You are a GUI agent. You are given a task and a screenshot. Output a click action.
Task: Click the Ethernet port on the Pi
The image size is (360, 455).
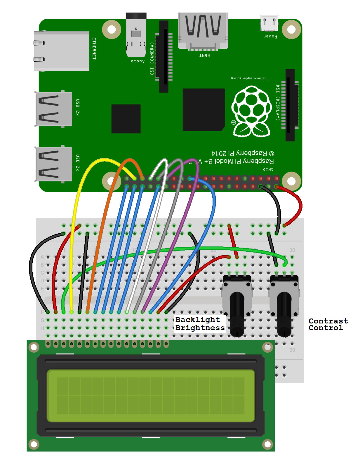tap(61, 51)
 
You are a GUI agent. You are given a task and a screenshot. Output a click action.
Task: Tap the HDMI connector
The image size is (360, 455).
tap(203, 31)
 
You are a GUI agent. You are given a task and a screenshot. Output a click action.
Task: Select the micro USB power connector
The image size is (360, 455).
tap(269, 23)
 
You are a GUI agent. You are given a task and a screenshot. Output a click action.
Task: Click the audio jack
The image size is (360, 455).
tap(136, 35)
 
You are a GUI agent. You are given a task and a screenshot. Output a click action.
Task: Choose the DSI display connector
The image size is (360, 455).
tap(290, 105)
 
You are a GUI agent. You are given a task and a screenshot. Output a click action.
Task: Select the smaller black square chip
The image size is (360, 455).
tap(126, 119)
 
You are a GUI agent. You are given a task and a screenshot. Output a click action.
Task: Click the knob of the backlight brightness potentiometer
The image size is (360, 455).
tap(237, 315)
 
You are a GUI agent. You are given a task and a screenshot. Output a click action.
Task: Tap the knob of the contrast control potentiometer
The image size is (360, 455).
tap(284, 315)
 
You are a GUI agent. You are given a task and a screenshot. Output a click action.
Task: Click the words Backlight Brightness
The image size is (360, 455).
tap(200, 324)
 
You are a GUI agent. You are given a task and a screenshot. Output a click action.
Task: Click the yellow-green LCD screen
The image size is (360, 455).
tap(150, 396)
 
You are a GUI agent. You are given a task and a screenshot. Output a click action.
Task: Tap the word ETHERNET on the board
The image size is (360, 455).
tap(94, 48)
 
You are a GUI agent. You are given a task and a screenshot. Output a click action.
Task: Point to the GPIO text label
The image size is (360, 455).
tap(268, 169)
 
